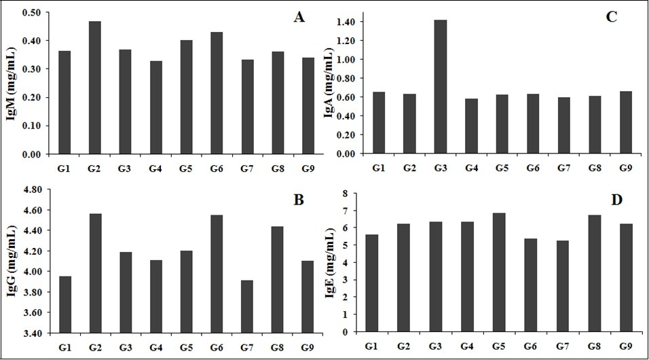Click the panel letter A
pyautogui.click(x=298, y=18)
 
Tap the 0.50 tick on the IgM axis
pyautogui.click(x=31, y=12)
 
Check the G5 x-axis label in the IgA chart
pyautogui.click(x=501, y=167)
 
